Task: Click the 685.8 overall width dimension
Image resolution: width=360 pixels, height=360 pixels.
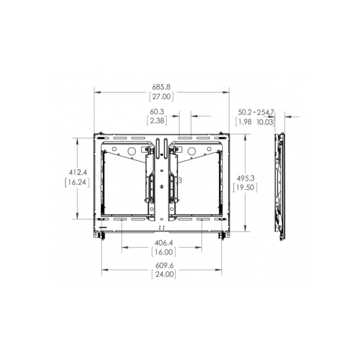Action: coord(161,87)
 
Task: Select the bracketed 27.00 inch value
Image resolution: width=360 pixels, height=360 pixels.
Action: coord(161,96)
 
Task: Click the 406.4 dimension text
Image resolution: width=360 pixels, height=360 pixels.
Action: coord(161,243)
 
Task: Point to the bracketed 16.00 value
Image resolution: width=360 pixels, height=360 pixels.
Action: coord(161,251)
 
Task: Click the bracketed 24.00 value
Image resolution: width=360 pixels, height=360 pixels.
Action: coord(161,275)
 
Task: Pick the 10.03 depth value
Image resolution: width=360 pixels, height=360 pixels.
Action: coord(265,121)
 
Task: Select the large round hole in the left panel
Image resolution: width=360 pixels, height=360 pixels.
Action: coord(132,151)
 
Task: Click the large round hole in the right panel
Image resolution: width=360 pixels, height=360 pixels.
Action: coord(191,151)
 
